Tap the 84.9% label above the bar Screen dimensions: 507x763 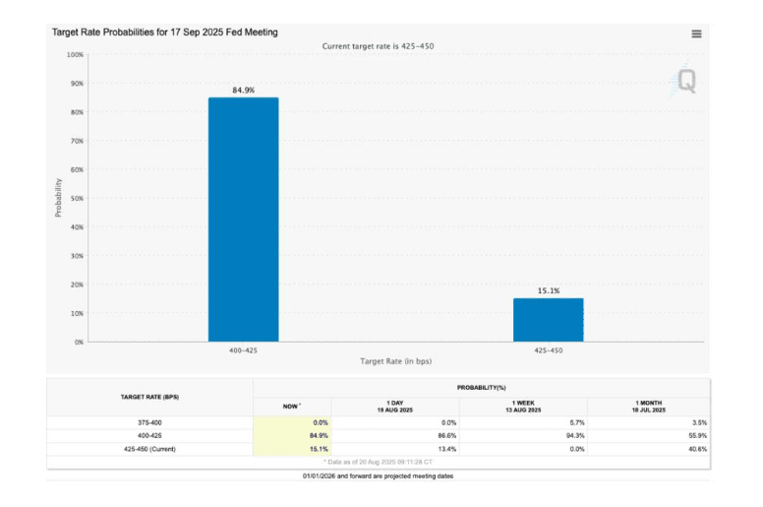pyautogui.click(x=243, y=90)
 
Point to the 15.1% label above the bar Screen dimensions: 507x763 pyautogui.click(x=548, y=290)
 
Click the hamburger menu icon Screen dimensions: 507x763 pyautogui.click(x=696, y=33)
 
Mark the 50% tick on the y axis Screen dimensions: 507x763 pyautogui.click(x=75, y=198)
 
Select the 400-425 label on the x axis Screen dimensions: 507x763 pyautogui.click(x=243, y=351)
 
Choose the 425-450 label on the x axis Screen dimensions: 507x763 pyautogui.click(x=548, y=351)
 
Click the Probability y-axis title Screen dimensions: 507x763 pyautogui.click(x=58, y=197)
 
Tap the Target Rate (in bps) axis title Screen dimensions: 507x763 pyautogui.click(x=396, y=362)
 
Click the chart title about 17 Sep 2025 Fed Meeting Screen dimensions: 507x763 pyautogui.click(x=164, y=32)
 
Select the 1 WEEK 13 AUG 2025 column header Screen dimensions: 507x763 pyautogui.click(x=523, y=406)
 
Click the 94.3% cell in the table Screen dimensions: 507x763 pyautogui.click(x=572, y=435)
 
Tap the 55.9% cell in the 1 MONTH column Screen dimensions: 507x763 pyautogui.click(x=694, y=435)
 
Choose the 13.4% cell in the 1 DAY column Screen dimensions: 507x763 pyautogui.click(x=445, y=448)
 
